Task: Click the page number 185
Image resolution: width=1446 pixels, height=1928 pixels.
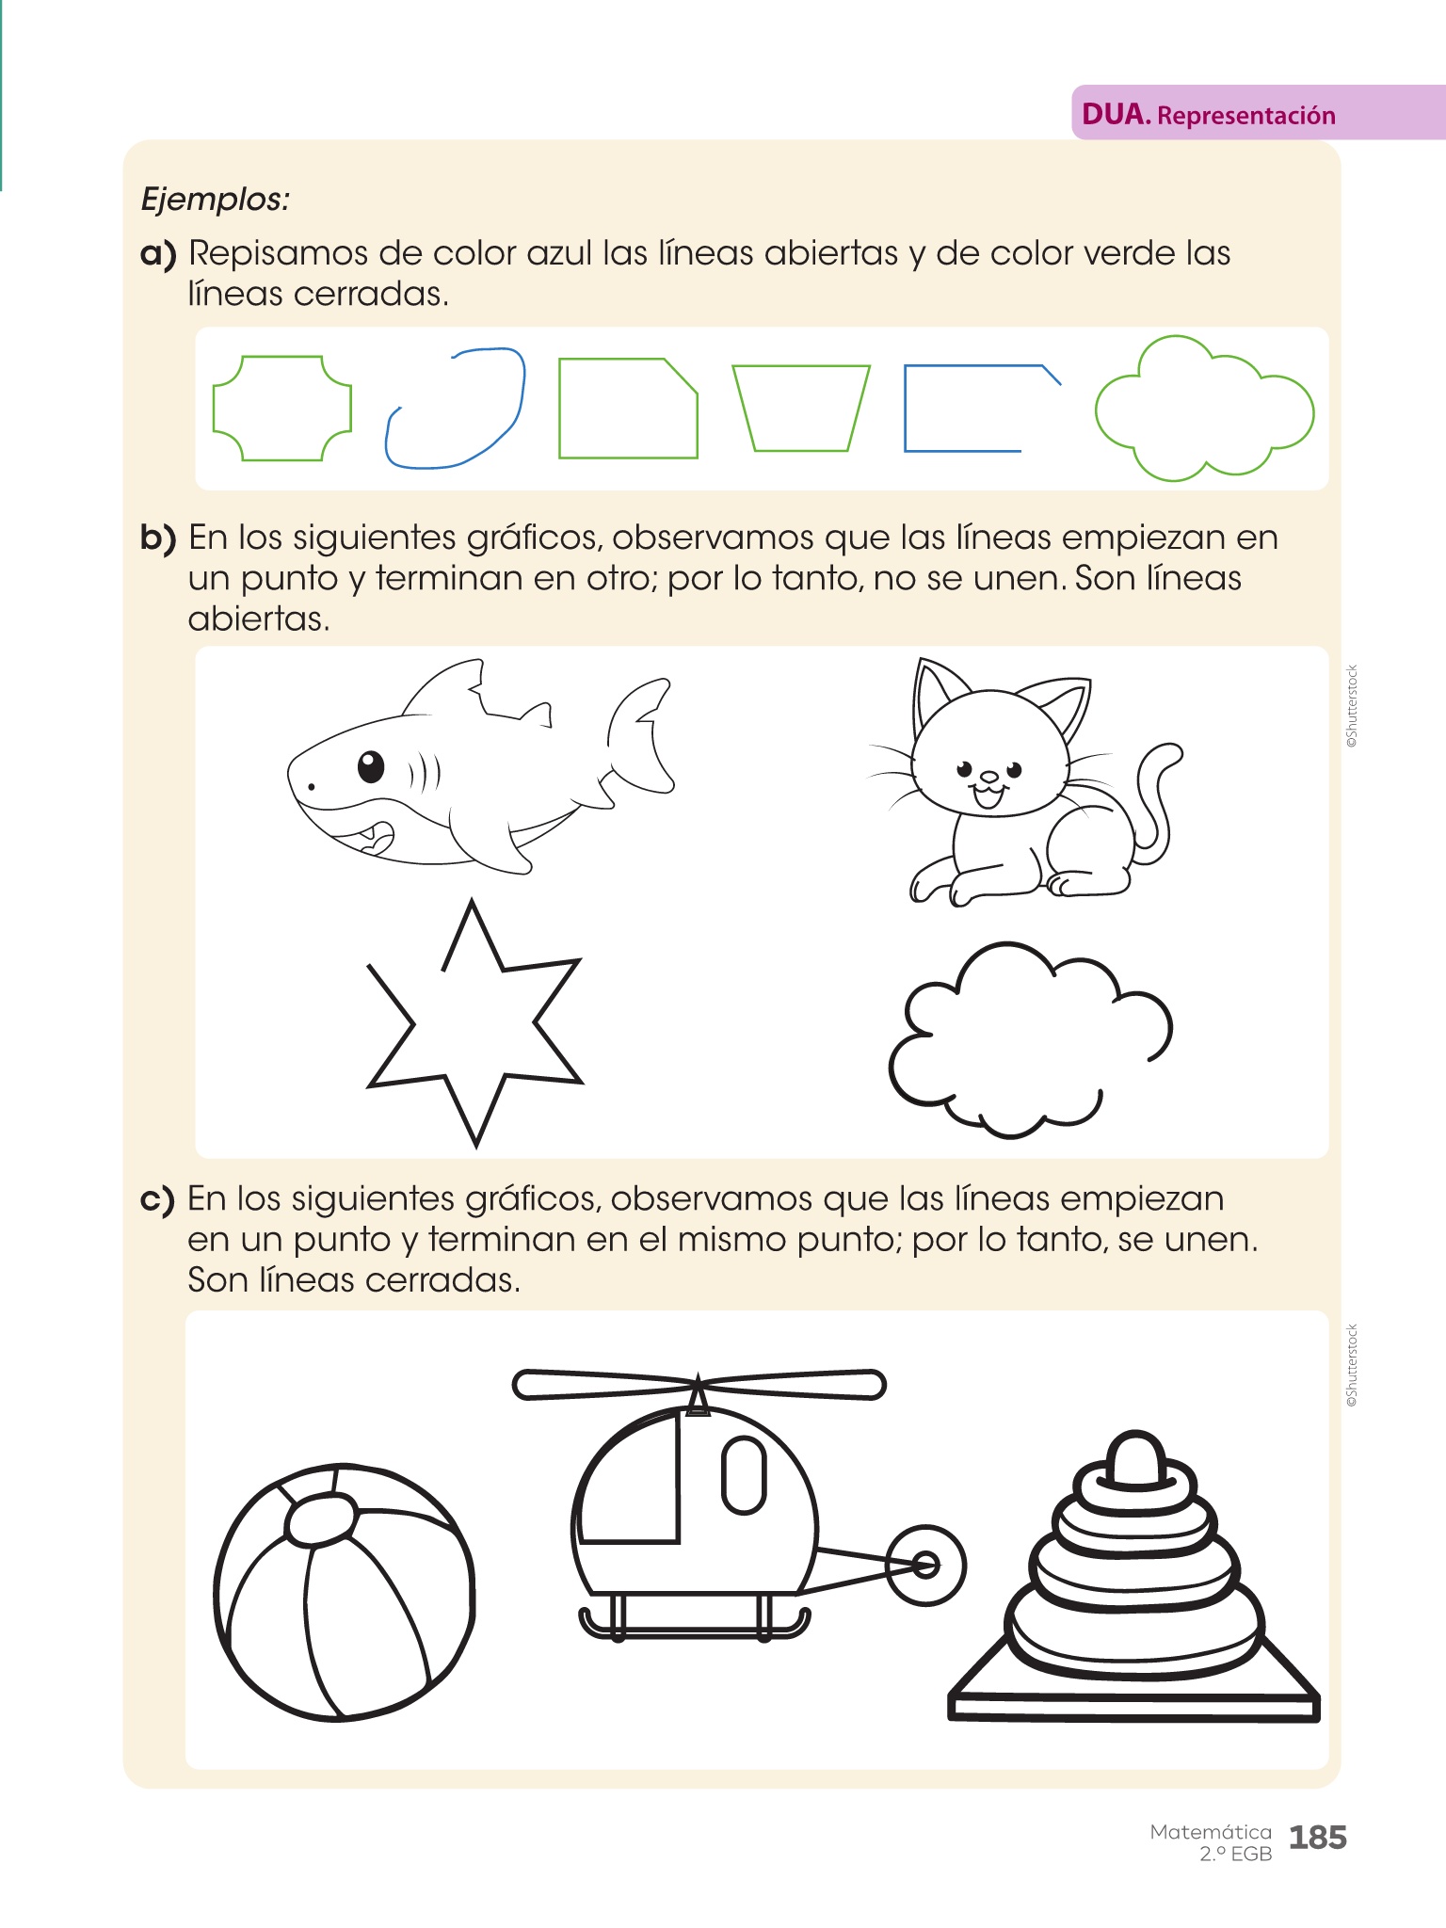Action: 1317,1837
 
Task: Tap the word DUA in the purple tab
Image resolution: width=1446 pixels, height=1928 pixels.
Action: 1116,115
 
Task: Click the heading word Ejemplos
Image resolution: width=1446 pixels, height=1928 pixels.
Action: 215,200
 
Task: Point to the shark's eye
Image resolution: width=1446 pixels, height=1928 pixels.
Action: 372,766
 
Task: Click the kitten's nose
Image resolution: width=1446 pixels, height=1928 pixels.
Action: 989,778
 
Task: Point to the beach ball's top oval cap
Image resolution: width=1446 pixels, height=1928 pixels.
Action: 321,1519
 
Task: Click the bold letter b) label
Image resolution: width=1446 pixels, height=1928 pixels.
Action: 158,538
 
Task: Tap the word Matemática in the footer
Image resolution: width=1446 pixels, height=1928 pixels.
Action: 1211,1832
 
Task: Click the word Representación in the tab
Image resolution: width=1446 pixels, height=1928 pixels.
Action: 1246,116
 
